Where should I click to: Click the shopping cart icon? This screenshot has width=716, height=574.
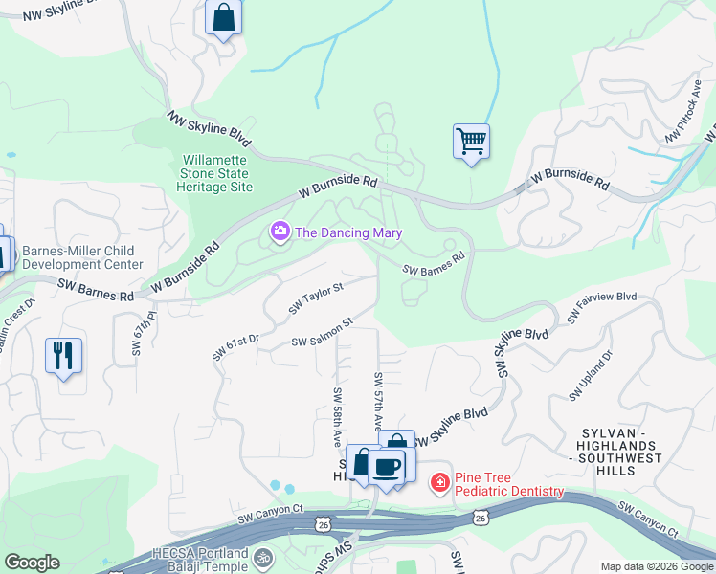(471, 142)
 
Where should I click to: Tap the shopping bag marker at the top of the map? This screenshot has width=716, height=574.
(223, 17)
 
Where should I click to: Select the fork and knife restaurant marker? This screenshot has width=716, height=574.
(63, 355)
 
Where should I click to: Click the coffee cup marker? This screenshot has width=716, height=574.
(387, 467)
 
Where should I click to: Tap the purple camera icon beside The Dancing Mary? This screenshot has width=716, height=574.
(280, 232)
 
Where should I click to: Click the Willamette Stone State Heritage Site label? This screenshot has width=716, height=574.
(216, 173)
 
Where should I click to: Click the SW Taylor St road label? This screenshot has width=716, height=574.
(316, 298)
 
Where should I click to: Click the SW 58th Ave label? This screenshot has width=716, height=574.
(338, 417)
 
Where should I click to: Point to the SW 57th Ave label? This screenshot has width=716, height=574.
(379, 400)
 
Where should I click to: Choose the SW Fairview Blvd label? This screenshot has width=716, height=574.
(602, 307)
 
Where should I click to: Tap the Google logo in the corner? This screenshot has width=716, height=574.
(32, 562)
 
